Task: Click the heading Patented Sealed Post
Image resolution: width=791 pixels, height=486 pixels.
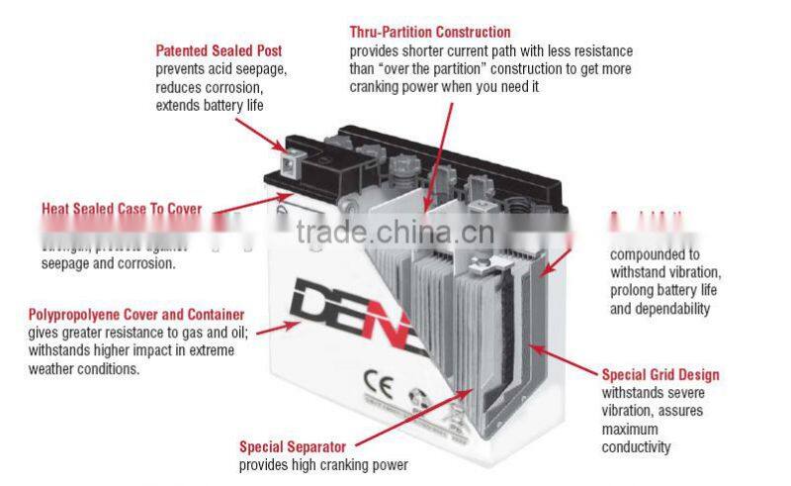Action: click(219, 50)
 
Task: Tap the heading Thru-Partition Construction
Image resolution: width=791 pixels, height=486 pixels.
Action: click(430, 33)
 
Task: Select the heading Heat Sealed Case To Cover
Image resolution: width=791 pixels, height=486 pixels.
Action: click(122, 210)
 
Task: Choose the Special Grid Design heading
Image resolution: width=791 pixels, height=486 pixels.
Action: click(660, 375)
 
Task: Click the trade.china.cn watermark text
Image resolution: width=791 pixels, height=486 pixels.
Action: click(388, 232)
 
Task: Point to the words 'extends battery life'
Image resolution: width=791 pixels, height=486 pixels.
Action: click(210, 105)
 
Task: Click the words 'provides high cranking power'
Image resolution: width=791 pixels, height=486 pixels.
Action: click(323, 465)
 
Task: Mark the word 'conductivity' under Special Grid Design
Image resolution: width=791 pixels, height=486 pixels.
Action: click(636, 447)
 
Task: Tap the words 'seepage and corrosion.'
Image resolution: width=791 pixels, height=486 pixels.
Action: click(108, 264)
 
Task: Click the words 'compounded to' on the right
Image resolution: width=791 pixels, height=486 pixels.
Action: click(654, 253)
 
